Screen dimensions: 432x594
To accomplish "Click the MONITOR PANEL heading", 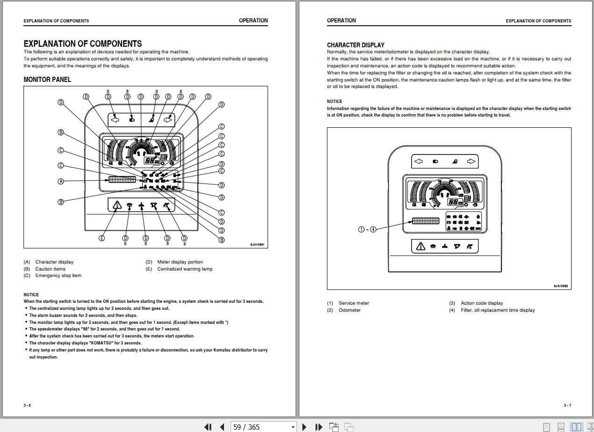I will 47,80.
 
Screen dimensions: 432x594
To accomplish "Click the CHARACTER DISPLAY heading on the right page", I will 355,45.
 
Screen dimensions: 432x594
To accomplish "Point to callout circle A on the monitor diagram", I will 61,181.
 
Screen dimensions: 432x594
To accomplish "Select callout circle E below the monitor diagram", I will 102,238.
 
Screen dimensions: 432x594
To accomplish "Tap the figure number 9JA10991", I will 257,244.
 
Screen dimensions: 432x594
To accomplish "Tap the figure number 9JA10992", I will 561,286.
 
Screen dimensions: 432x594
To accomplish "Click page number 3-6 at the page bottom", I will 27,405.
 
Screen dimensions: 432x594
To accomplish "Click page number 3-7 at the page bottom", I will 567,405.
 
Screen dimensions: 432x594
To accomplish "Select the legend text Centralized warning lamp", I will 185,269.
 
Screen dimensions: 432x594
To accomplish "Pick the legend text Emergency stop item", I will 58,276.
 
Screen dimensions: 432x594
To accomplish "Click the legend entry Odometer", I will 349,310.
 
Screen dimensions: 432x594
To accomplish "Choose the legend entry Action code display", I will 482,303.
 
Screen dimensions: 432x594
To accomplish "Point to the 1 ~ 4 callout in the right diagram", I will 367,229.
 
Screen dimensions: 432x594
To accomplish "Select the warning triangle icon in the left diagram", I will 116,205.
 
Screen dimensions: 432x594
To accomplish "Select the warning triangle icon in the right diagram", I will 420,246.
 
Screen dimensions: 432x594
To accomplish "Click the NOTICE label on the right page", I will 334,102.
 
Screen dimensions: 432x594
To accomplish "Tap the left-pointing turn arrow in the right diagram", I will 418,161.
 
